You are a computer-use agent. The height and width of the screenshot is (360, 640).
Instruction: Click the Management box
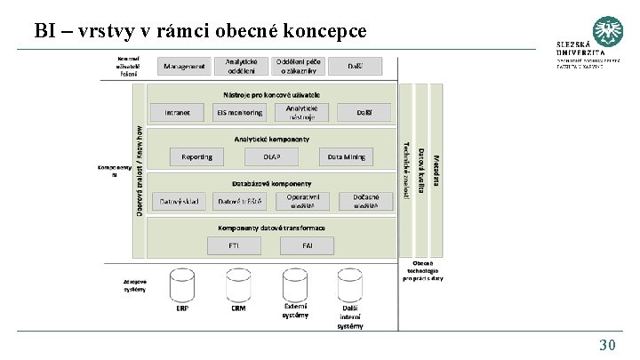185,66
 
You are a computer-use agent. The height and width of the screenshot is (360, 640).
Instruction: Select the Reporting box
196,156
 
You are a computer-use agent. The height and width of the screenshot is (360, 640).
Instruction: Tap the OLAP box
271,156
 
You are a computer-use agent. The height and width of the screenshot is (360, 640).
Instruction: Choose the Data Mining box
347,156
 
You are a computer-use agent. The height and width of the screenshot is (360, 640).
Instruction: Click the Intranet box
177,112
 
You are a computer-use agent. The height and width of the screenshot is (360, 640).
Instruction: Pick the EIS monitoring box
239,112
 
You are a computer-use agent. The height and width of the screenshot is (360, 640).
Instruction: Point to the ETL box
234,244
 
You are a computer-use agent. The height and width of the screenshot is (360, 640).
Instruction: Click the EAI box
308,244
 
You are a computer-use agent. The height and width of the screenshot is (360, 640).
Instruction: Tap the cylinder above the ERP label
182,285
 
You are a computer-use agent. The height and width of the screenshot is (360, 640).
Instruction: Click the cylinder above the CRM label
238,285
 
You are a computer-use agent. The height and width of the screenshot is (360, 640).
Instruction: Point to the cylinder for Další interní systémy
349,285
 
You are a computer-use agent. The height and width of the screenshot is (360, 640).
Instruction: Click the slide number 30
608,345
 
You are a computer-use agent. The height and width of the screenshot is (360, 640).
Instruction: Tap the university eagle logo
607,32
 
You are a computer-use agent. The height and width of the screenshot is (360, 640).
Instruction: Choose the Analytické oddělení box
242,66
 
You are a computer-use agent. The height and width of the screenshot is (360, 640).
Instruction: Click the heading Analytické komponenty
272,139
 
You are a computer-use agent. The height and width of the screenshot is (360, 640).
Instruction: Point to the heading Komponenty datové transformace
272,228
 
